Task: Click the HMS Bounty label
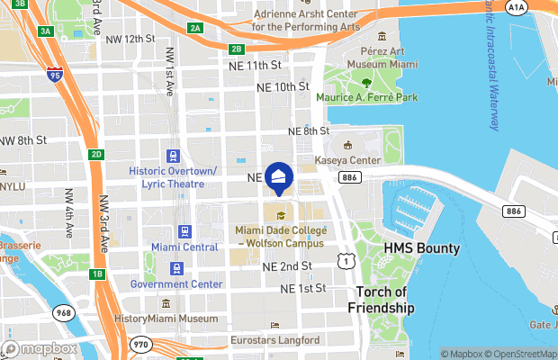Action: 422,247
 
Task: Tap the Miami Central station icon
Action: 185,230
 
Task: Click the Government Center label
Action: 175,284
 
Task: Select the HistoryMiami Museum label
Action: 166,319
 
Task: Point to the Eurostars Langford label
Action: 274,340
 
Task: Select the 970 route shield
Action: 139,343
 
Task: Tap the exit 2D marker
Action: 96,154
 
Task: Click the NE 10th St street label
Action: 283,87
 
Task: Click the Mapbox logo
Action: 40,349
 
